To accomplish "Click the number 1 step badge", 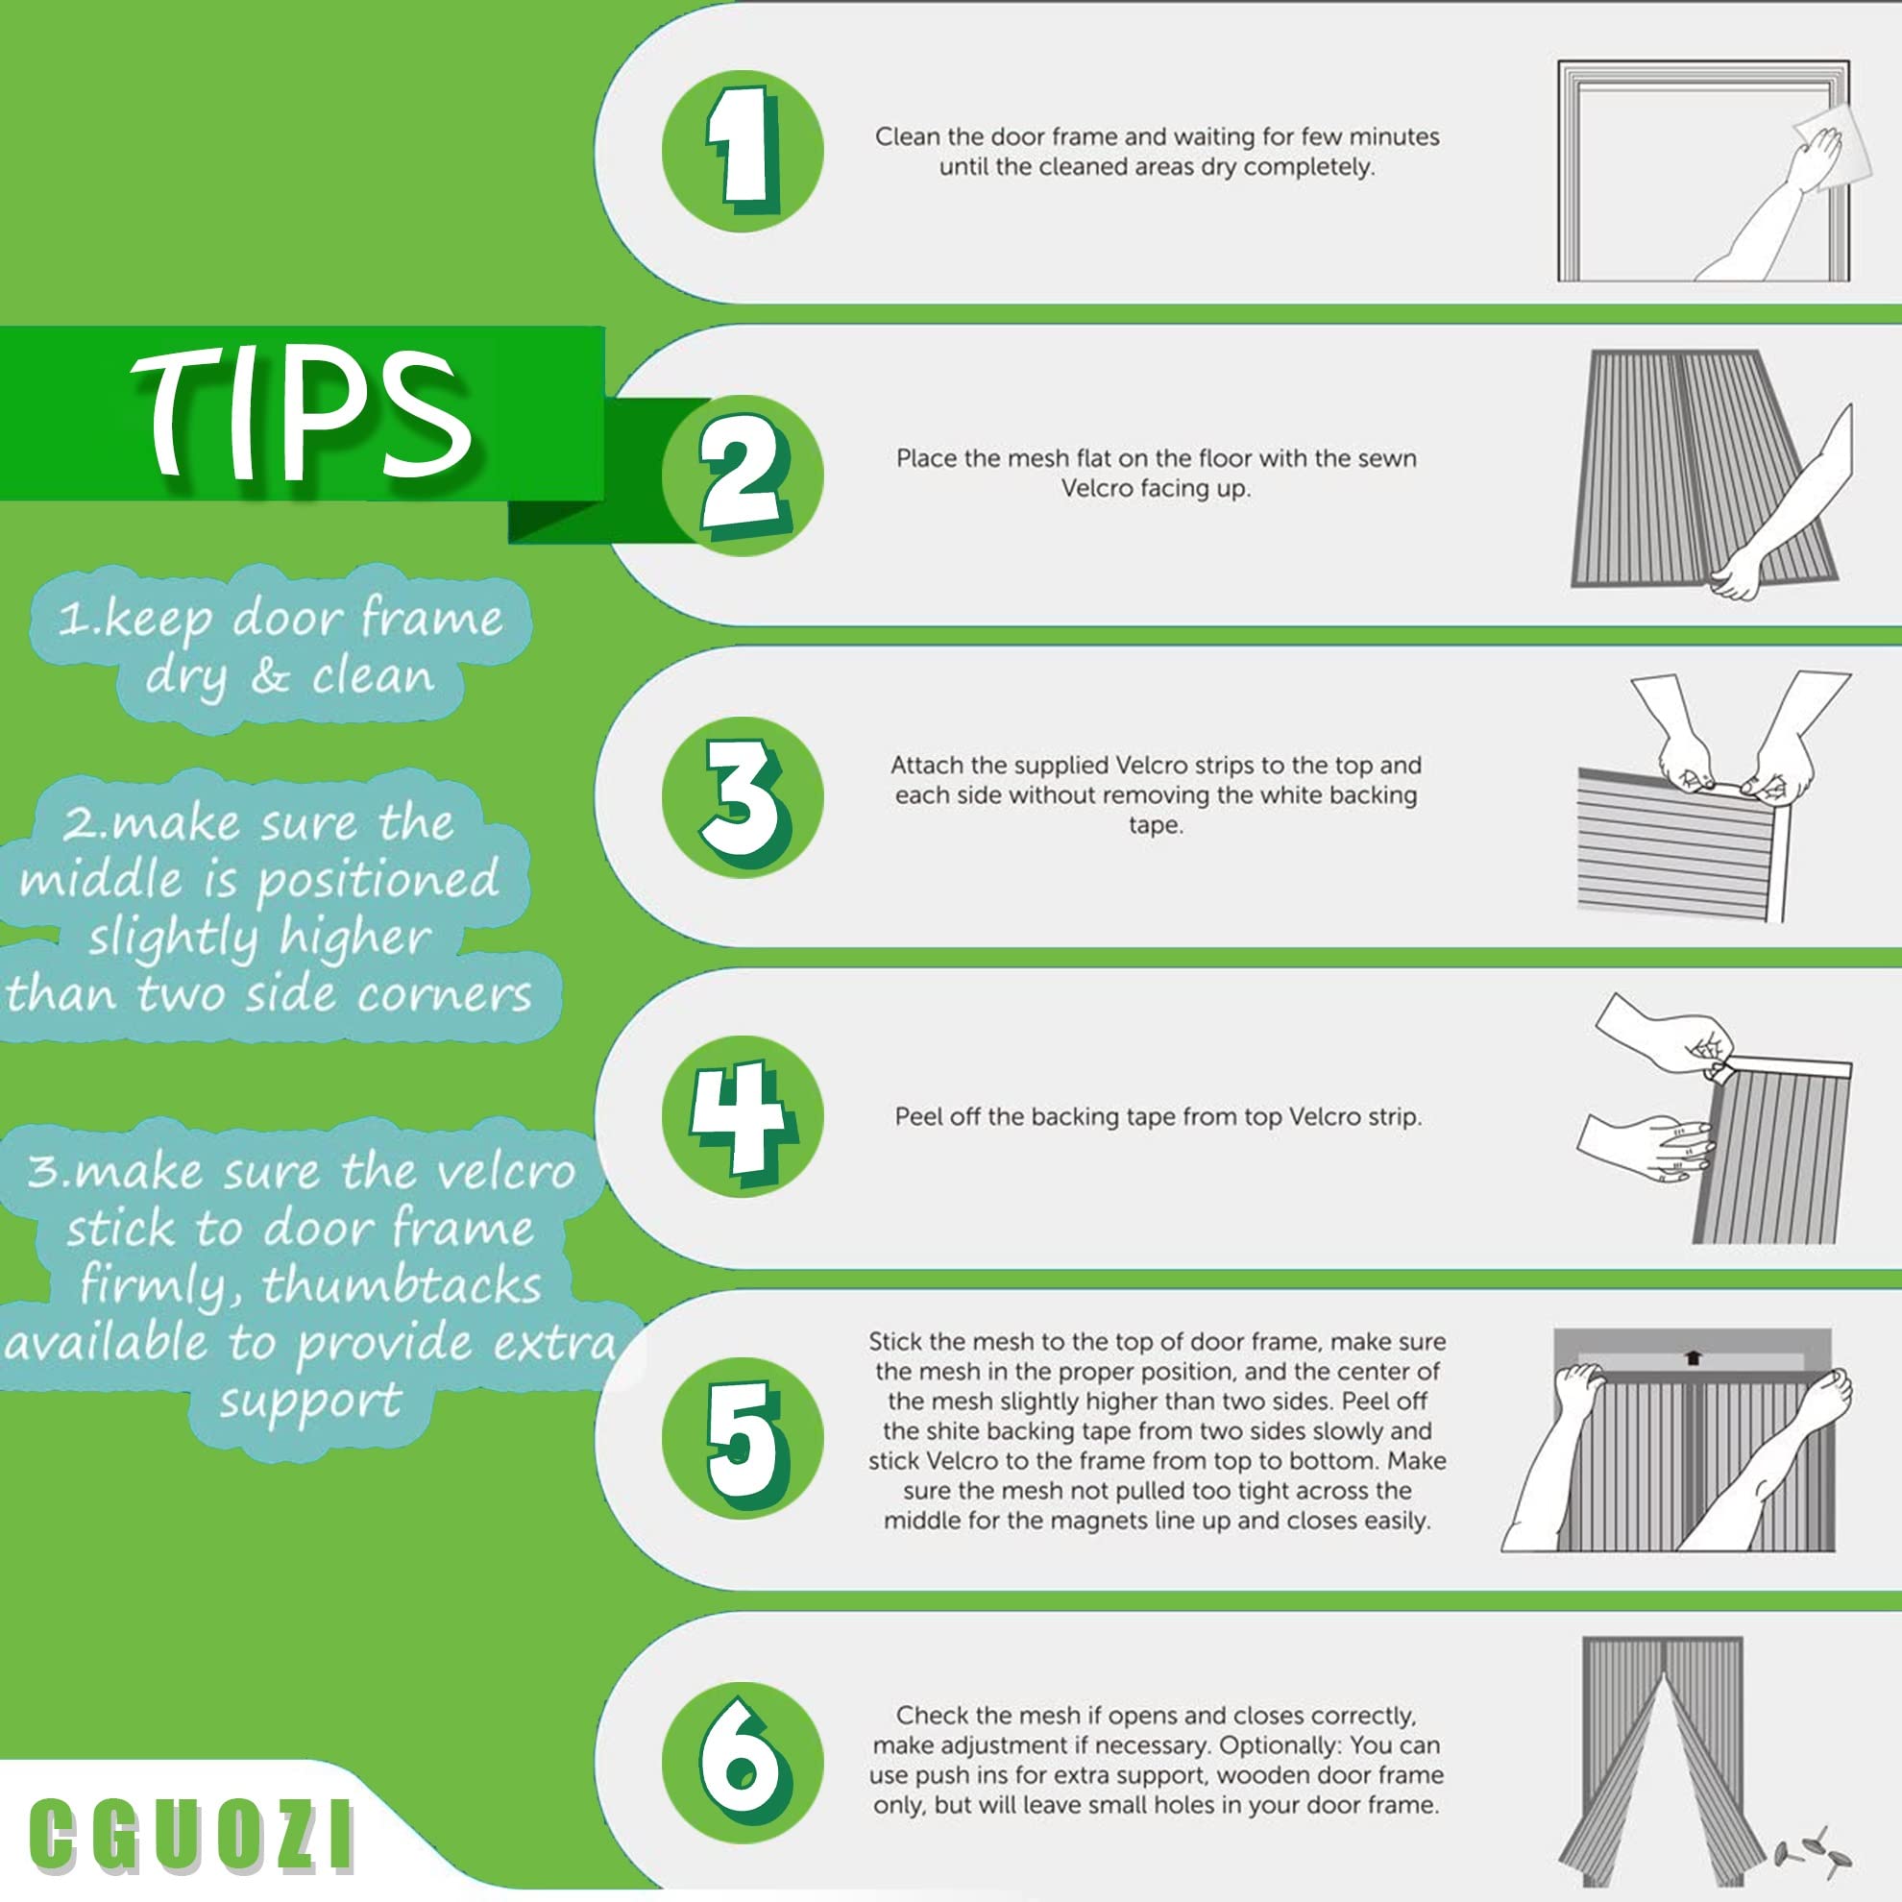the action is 743,152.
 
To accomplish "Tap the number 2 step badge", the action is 743,475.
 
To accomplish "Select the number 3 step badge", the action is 743,796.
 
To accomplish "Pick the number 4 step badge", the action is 743,1116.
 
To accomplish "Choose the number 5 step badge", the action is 743,1437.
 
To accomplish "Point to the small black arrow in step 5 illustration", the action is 1693,1357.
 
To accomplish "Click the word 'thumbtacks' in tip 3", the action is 402,1286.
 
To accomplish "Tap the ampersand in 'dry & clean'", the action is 270,677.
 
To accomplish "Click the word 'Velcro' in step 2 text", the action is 1095,488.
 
